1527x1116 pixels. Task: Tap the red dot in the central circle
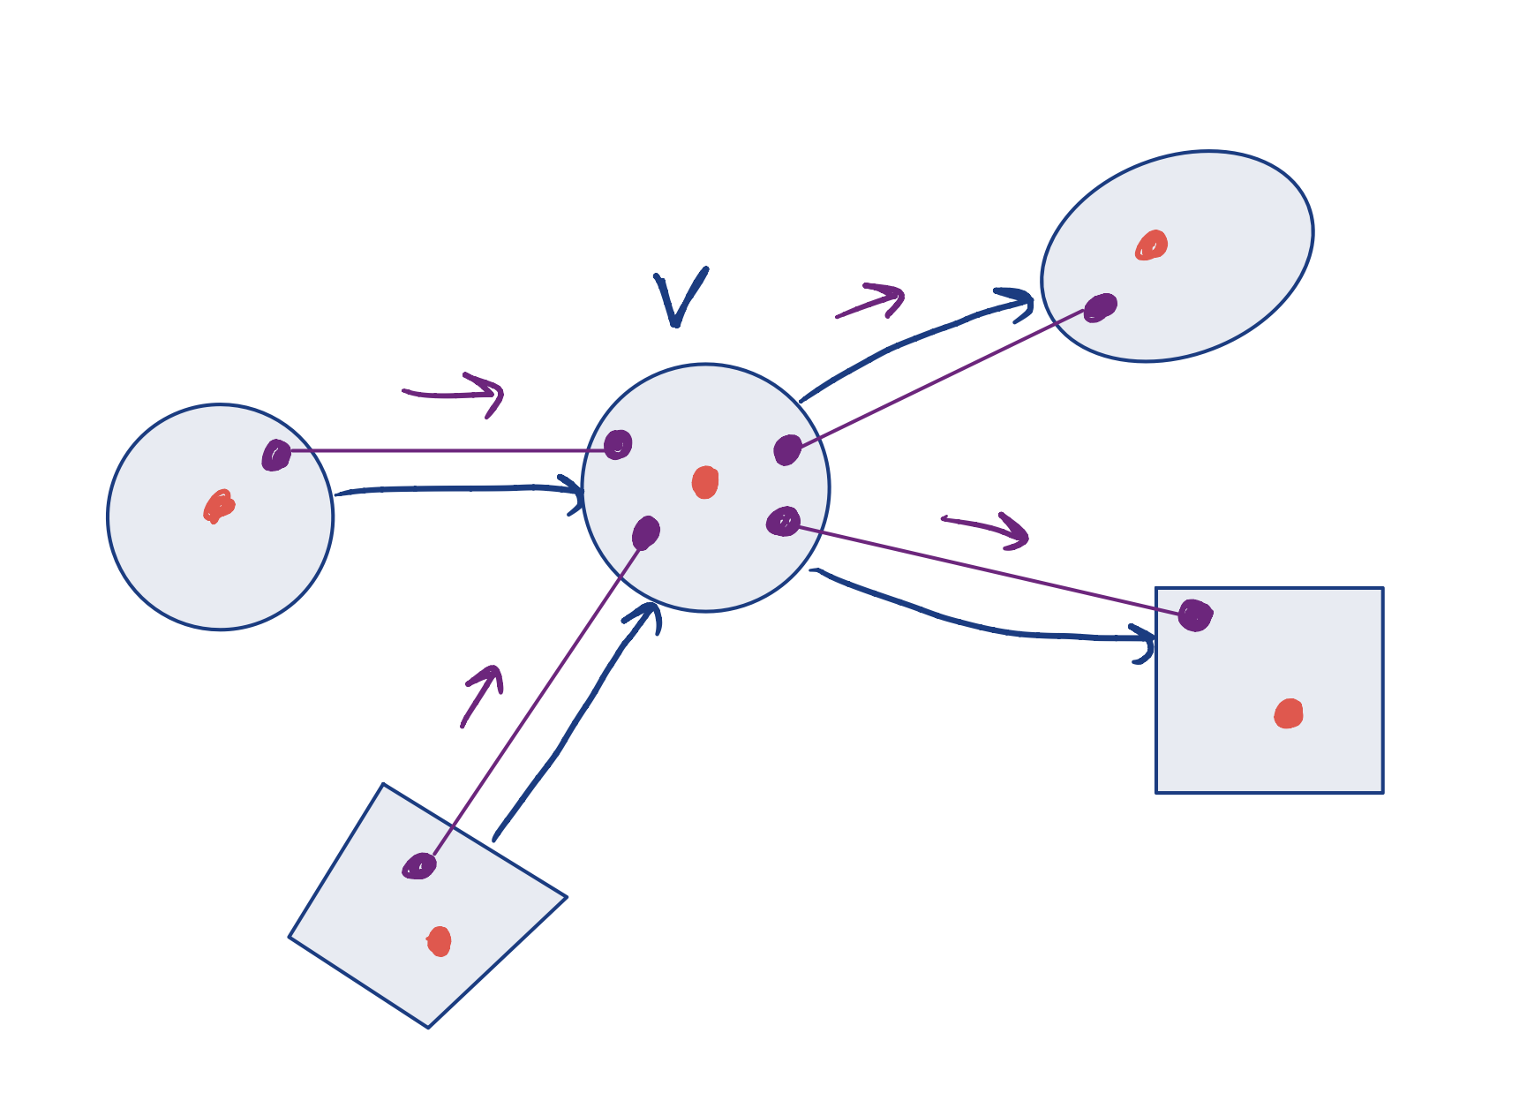tap(704, 482)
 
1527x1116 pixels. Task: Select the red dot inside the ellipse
tap(1151, 245)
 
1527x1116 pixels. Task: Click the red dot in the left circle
tap(218, 507)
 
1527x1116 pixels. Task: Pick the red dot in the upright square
tap(1289, 713)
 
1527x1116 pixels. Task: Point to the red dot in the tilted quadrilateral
tap(439, 941)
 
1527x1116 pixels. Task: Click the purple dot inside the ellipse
tap(1100, 307)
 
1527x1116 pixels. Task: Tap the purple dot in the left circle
tap(276, 455)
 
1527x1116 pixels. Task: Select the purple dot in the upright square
tap(1195, 615)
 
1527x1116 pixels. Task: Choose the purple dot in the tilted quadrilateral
tap(419, 866)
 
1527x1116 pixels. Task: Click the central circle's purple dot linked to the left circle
tap(618, 444)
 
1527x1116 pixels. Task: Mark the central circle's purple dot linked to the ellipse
tap(787, 449)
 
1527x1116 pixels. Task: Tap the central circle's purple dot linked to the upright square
tap(783, 521)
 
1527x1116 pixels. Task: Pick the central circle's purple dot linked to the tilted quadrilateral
tap(646, 532)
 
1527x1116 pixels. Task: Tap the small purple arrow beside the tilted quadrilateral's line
tap(482, 695)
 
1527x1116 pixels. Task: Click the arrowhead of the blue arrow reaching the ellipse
tap(1019, 300)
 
